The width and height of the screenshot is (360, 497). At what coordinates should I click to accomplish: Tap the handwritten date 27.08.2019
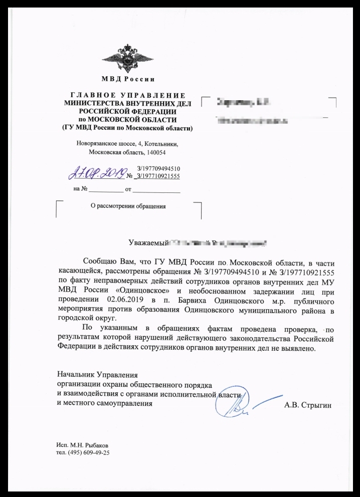click(x=96, y=174)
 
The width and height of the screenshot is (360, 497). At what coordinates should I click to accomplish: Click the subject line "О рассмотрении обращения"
click(x=128, y=206)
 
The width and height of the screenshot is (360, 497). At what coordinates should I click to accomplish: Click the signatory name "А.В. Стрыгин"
click(x=307, y=404)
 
